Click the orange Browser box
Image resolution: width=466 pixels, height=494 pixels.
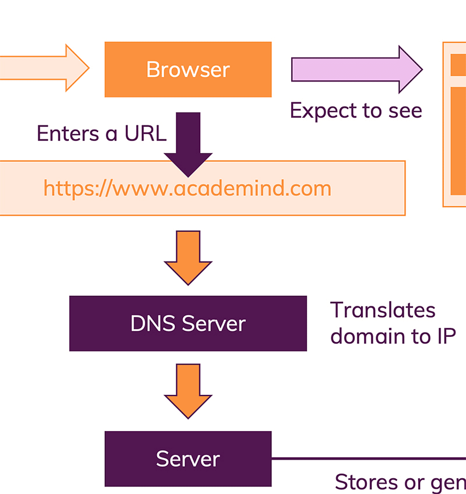pos(188,70)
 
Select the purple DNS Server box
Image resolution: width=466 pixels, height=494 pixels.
pos(188,324)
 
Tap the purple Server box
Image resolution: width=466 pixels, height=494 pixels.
pos(188,459)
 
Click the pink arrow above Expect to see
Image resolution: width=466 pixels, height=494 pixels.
pos(356,70)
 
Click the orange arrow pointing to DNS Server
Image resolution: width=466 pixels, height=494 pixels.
pos(188,256)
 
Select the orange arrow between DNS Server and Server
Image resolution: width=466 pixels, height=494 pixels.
pos(188,390)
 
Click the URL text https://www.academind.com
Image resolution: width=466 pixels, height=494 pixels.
pos(187,188)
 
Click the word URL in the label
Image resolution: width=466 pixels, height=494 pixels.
pos(145,134)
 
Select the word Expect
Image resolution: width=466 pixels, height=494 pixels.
pos(323,111)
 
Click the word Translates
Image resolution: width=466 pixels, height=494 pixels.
pos(383,310)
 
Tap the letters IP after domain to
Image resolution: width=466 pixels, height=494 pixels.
pos(446,336)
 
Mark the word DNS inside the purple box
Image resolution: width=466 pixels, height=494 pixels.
pos(153,324)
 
